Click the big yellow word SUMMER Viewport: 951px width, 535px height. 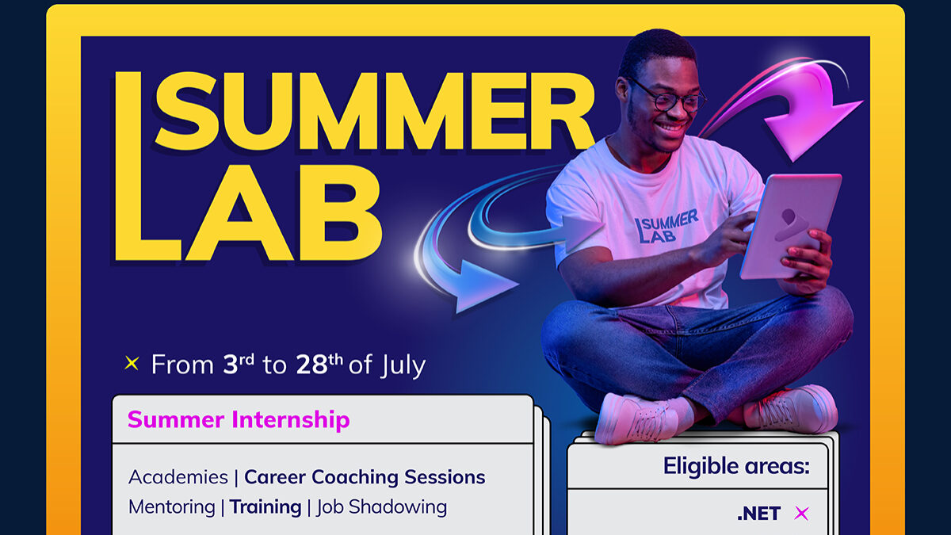(x=374, y=112)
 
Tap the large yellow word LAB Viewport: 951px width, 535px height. (x=248, y=212)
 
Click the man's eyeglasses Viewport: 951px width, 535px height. (x=669, y=96)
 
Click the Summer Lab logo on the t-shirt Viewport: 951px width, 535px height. (x=666, y=227)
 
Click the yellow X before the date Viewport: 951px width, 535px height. (x=132, y=364)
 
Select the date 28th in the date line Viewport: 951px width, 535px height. (x=319, y=364)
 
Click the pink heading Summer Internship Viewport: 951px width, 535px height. (x=239, y=420)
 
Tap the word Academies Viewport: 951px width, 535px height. (x=178, y=477)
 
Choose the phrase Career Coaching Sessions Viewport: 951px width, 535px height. (x=365, y=477)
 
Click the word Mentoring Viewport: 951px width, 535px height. (x=172, y=507)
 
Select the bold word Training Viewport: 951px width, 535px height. (x=265, y=507)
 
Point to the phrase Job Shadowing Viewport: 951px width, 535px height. (x=382, y=507)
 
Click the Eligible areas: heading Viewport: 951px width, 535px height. (x=736, y=466)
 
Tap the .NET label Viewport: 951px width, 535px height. (x=758, y=514)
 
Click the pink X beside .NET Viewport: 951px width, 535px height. (x=801, y=514)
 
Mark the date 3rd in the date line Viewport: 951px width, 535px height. (x=239, y=364)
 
